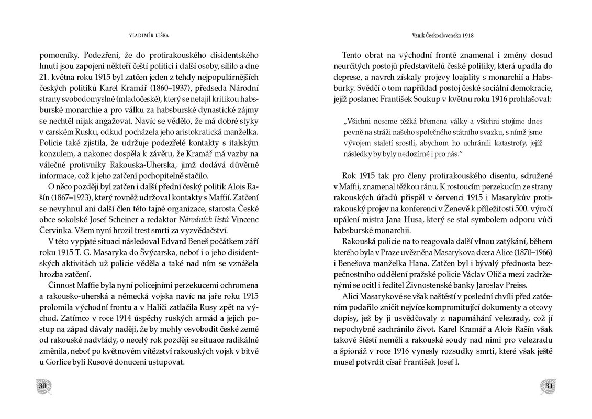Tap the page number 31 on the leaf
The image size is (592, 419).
550,386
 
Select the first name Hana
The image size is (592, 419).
406,263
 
